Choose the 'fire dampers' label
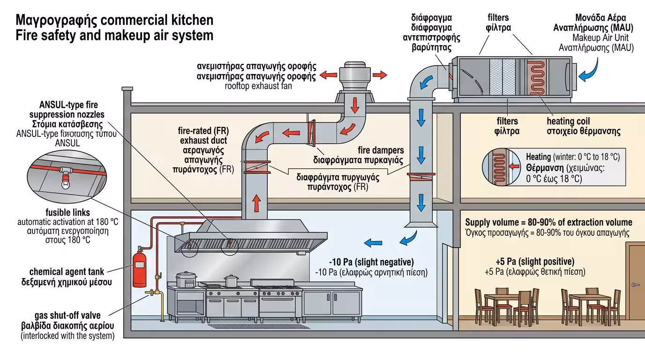pos(381,150)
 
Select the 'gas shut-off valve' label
pos(67,315)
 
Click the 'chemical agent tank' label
pos(67,271)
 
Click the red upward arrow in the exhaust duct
pos(256,204)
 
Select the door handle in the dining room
pos(635,285)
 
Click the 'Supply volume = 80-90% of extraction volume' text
pos(548,222)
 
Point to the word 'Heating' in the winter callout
pos(538,157)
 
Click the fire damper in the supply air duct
pos(420,177)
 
